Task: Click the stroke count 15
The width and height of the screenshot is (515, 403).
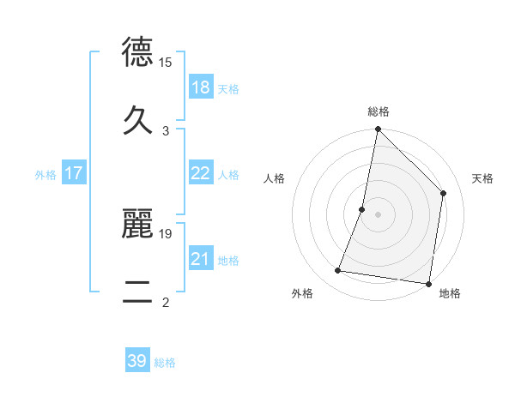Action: tap(166, 62)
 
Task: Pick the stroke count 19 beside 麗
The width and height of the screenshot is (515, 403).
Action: tap(166, 232)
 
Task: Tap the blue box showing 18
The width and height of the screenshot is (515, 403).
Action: tap(200, 87)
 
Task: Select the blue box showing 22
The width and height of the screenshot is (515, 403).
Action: tap(200, 173)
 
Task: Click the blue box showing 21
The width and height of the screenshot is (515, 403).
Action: tap(200, 259)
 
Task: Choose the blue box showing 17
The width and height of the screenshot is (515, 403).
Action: tap(74, 173)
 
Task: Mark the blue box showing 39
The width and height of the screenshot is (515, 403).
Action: tap(137, 361)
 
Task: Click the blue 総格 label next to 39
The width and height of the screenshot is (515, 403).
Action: tap(165, 363)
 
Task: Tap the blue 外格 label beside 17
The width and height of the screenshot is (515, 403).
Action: tap(45, 175)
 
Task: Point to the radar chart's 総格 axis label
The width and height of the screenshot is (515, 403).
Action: tap(378, 111)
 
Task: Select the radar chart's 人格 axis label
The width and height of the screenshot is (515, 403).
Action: tap(275, 178)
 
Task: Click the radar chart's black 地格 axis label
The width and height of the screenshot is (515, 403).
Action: tap(450, 293)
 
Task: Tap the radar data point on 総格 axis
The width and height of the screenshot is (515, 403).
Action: tap(378, 130)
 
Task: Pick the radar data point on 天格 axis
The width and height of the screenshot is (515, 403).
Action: tap(444, 193)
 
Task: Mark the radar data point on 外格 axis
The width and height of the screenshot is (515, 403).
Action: tap(338, 271)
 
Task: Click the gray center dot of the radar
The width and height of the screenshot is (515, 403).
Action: tap(378, 214)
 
